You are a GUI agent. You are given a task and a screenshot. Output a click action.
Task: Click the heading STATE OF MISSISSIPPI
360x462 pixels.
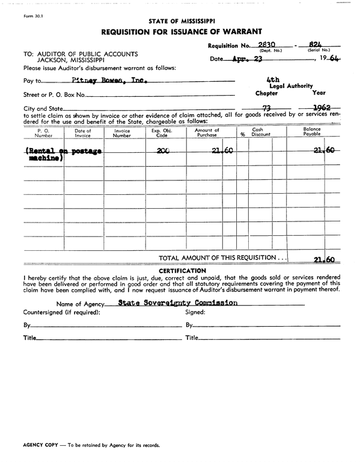(x=180, y=21)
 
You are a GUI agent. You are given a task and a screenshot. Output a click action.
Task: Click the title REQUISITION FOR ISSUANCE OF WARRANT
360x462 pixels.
(x=181, y=31)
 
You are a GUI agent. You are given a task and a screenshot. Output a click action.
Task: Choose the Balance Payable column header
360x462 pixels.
(x=312, y=132)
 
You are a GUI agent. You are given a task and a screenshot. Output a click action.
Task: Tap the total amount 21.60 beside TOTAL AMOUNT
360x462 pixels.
(x=324, y=259)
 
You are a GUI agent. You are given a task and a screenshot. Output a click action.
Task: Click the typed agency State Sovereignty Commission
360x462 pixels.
(x=177, y=303)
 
